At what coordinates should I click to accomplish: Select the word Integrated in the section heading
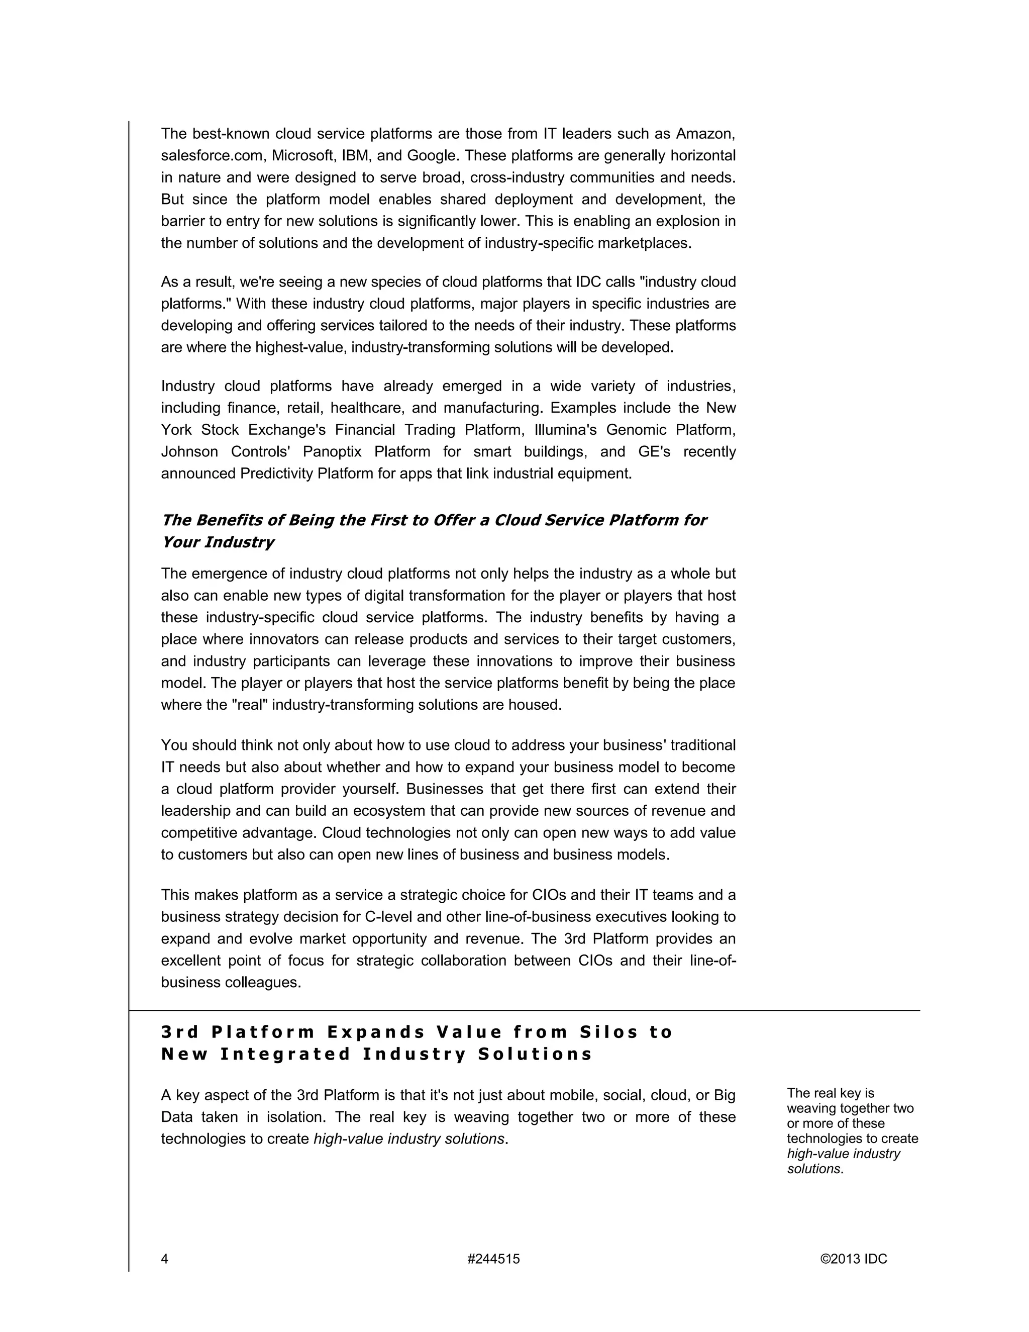285,1054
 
